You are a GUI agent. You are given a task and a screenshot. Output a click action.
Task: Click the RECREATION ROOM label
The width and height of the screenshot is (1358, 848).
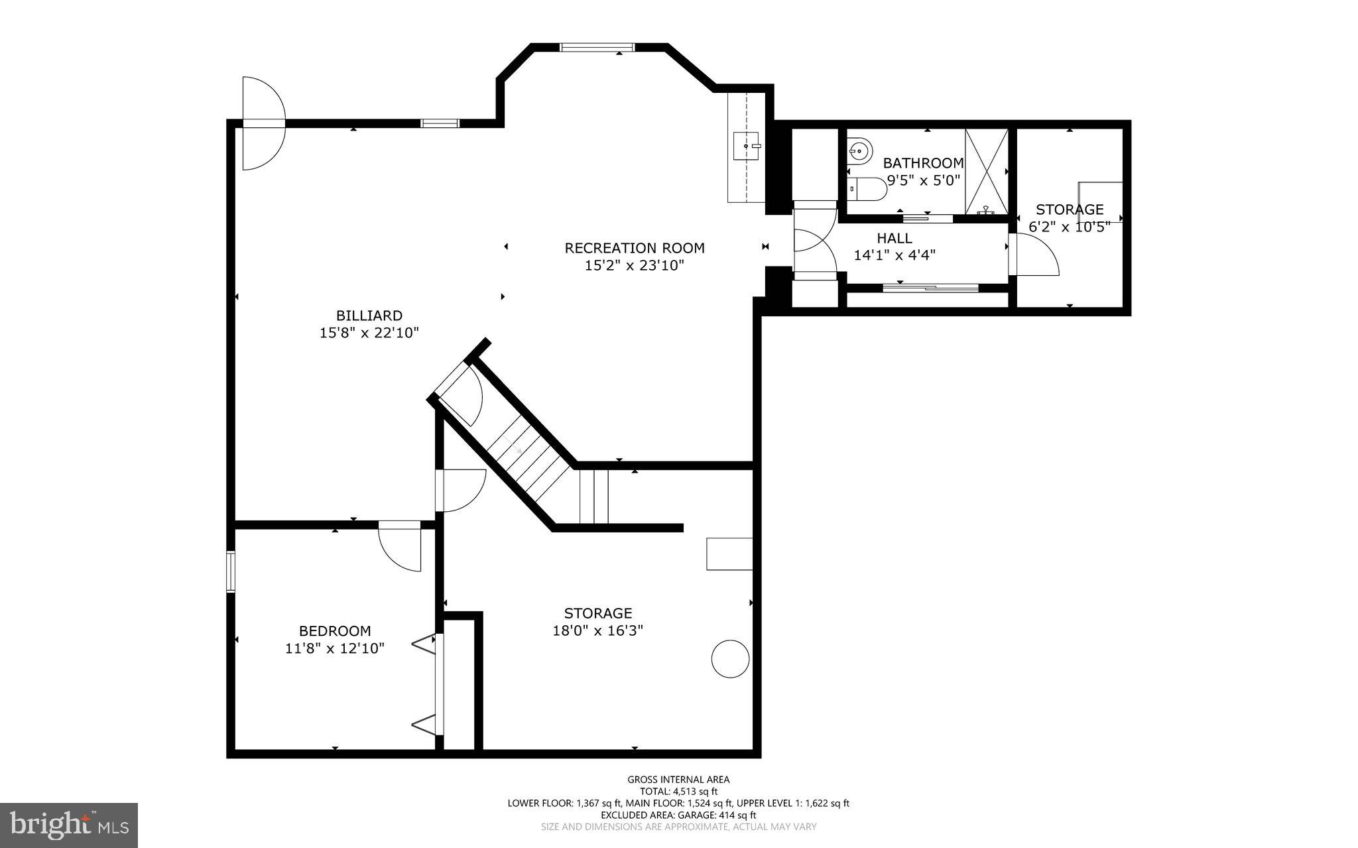coord(634,248)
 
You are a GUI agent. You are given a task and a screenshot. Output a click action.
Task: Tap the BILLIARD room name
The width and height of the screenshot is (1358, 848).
coord(369,316)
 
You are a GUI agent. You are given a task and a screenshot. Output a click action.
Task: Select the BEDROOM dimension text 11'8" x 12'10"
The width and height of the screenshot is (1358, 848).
coord(335,648)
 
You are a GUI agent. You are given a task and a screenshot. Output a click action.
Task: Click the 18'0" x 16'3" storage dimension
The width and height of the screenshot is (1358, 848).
coord(597,631)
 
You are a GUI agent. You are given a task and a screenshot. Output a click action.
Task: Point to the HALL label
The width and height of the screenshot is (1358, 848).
coord(895,238)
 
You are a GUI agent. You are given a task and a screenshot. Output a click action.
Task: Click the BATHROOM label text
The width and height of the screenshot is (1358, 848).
coord(923,163)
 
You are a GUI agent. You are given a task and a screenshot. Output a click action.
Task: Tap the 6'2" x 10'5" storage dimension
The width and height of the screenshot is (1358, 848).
coord(1069,227)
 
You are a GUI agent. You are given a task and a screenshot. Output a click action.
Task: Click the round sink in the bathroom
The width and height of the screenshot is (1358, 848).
coord(858,151)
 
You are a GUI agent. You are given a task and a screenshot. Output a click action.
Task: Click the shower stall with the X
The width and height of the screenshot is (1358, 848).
coord(986,172)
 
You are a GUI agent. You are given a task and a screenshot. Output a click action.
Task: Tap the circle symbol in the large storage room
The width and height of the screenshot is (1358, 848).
coord(730,658)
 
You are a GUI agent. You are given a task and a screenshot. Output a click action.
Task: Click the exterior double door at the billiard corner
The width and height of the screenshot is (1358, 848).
coord(263,123)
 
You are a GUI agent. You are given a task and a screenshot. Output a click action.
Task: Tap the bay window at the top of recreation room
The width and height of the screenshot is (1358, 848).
coord(597,47)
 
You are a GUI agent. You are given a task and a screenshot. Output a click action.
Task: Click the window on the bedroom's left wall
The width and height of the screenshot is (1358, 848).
coord(231,571)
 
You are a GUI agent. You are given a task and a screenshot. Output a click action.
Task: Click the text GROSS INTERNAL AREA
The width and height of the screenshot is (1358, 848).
coord(678,780)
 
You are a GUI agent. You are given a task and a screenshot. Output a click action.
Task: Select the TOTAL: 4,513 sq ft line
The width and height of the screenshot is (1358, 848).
coord(678,791)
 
